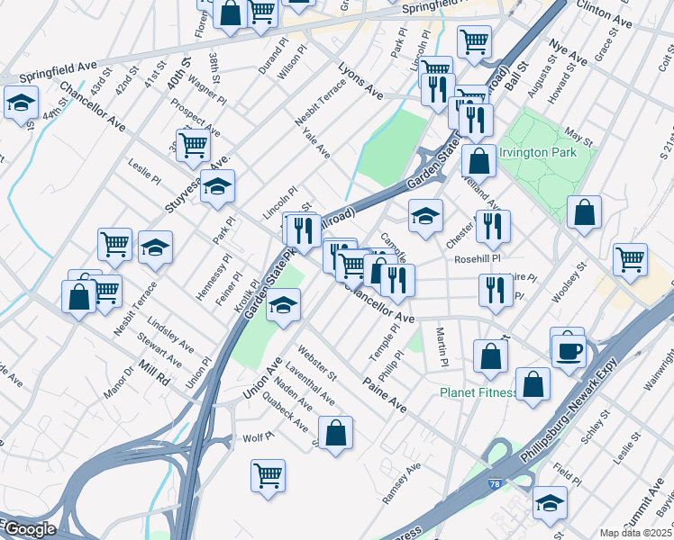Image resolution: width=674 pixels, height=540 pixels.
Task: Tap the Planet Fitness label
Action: pyautogui.click(x=478, y=393)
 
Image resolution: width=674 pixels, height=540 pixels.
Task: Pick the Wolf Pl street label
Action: pyautogui.click(x=259, y=436)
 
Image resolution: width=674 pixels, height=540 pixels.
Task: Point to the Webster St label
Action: pyautogui.click(x=316, y=363)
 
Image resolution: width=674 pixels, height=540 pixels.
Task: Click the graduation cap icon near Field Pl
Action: pyautogui.click(x=549, y=503)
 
